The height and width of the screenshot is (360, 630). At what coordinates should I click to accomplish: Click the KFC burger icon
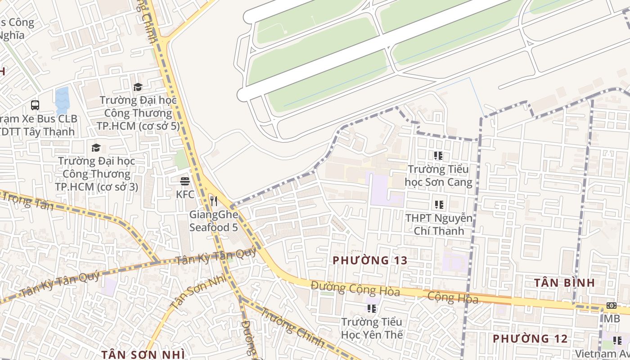tap(184, 181)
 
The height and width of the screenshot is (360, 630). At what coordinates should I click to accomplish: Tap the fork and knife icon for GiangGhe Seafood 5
tap(214, 201)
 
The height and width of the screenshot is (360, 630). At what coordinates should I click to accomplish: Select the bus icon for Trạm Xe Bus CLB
tap(35, 105)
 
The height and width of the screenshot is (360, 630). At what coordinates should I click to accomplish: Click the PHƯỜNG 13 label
tap(370, 260)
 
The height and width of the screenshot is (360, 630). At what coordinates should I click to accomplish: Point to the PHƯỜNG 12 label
tap(530, 338)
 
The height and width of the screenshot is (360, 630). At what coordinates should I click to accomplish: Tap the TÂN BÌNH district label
tap(564, 283)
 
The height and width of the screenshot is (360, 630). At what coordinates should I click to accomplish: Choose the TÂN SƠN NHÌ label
tap(143, 354)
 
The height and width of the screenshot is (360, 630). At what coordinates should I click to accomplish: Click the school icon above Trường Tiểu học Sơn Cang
tap(438, 156)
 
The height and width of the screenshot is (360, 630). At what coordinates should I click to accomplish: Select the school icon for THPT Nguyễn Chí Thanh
tap(439, 205)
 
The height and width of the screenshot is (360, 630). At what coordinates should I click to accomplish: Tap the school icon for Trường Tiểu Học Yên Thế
tap(372, 308)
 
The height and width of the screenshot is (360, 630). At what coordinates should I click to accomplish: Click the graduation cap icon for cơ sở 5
tap(138, 87)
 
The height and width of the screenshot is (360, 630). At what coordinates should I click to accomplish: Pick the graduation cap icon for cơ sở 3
tap(96, 148)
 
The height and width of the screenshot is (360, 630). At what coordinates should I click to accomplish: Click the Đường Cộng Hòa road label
tap(355, 288)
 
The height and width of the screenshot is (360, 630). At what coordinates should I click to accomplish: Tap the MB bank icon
tap(611, 305)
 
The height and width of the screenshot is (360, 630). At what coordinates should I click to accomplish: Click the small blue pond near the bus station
tap(62, 100)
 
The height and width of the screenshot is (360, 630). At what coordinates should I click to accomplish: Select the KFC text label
tap(185, 194)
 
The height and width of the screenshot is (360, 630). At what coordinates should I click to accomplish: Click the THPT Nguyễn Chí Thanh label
tap(439, 225)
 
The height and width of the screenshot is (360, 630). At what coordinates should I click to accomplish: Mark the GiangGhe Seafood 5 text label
tap(213, 221)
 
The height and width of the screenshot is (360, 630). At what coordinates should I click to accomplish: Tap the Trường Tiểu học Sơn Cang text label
tap(439, 175)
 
